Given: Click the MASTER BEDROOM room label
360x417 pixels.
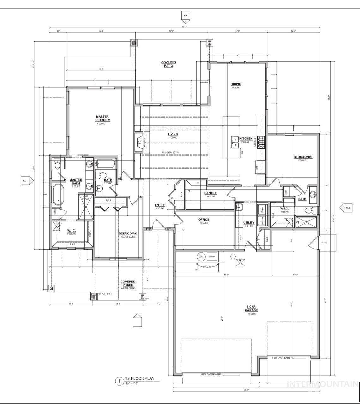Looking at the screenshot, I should [x=103, y=118].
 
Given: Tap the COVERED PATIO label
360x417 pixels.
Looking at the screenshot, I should [x=168, y=64].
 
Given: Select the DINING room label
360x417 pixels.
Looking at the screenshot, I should [x=236, y=84].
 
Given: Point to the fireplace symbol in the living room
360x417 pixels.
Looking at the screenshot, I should [x=139, y=143].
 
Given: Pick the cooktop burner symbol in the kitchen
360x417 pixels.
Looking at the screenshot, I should [x=260, y=142].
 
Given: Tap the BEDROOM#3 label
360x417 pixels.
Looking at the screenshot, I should [x=303, y=157].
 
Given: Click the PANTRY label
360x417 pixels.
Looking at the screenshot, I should [x=211, y=193].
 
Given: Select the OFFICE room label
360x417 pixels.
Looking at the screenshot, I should [x=204, y=220].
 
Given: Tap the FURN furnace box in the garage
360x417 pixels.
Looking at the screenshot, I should [x=212, y=257].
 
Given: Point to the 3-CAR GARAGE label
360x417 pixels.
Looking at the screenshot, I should [x=251, y=308].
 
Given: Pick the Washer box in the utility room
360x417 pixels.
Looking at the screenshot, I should [x=261, y=221].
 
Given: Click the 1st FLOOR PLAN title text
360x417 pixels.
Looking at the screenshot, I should [x=140, y=378].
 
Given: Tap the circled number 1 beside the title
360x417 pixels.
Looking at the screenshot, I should [x=119, y=382].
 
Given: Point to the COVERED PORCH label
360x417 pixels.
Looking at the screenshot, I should [x=128, y=283].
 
